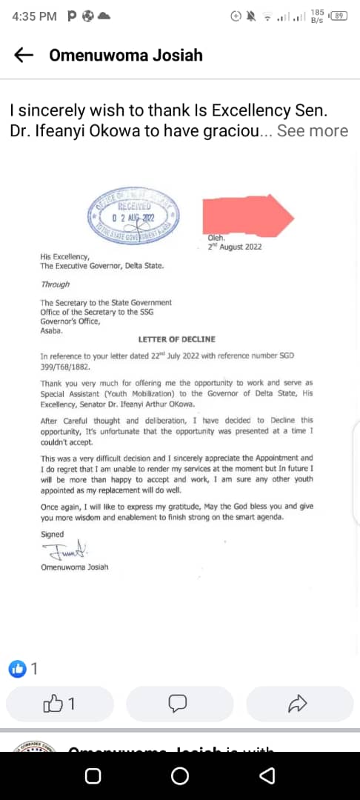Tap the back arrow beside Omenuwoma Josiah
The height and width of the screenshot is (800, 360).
[x=24, y=55]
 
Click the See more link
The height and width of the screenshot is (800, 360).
[x=312, y=131]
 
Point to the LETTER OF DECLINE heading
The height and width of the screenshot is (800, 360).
[x=177, y=339]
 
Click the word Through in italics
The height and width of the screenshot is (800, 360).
[x=55, y=284]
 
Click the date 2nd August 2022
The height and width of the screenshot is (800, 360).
[x=236, y=247]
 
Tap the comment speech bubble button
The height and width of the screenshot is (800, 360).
[x=179, y=704]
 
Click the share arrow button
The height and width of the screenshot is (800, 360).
[x=297, y=704]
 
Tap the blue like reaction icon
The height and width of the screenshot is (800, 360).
[x=16, y=668]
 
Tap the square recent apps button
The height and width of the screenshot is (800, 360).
[x=93, y=776]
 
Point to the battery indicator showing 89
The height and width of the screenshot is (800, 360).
[x=339, y=16]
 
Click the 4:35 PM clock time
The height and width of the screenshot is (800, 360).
[x=34, y=16]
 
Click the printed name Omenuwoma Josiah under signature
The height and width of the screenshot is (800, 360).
[x=74, y=568]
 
